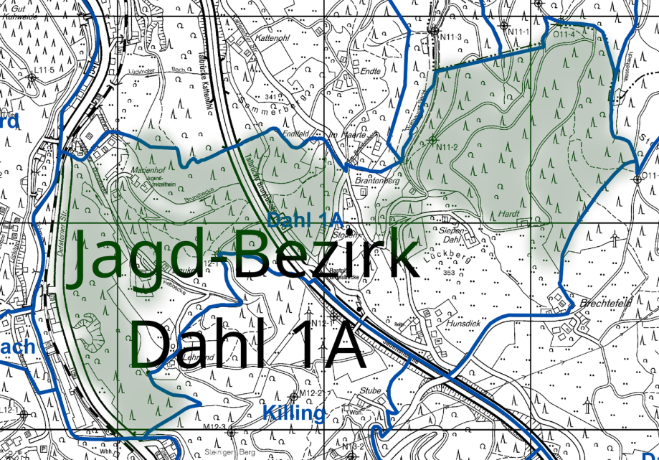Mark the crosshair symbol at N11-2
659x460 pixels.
tap(432, 139)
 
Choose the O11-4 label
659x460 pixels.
tap(564, 33)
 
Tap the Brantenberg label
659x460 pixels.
tap(377, 181)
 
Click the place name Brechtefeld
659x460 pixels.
tap(607, 303)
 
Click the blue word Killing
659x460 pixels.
tap(294, 413)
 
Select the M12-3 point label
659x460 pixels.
tap(214, 428)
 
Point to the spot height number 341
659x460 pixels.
tap(270, 96)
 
